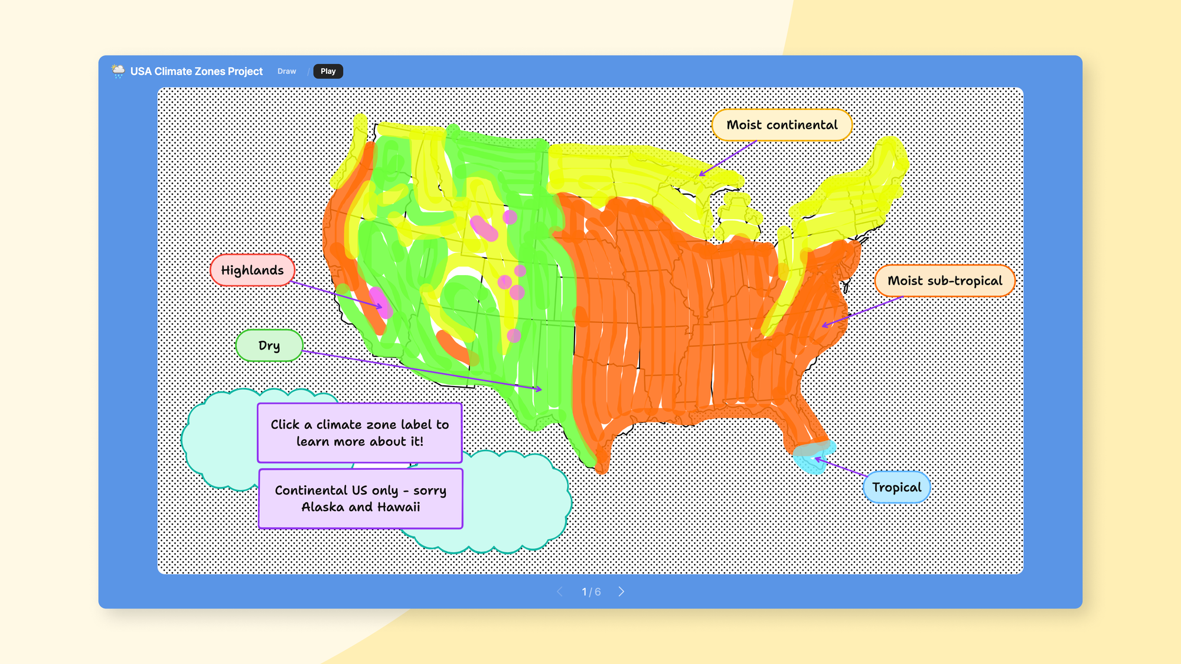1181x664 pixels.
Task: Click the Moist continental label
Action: (x=782, y=125)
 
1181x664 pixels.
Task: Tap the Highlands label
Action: (x=252, y=270)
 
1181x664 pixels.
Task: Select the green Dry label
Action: (x=269, y=345)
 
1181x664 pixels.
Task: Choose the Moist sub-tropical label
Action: (x=944, y=281)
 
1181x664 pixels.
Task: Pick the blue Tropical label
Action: (x=896, y=488)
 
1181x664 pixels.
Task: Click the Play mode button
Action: (x=328, y=71)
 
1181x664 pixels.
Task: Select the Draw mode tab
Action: (x=287, y=71)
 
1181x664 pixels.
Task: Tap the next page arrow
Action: (x=621, y=591)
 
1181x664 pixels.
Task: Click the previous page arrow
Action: (x=560, y=591)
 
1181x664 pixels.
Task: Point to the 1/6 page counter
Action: (x=591, y=591)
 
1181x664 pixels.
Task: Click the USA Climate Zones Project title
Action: (x=197, y=71)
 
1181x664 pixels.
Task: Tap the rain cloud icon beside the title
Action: (x=118, y=71)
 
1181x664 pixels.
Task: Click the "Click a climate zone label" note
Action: (x=360, y=433)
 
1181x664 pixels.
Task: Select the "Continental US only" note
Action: (x=360, y=498)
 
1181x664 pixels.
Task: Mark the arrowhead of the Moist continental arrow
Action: (x=701, y=175)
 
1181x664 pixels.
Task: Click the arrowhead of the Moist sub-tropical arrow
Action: (x=824, y=325)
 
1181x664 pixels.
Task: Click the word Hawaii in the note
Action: (x=399, y=507)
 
